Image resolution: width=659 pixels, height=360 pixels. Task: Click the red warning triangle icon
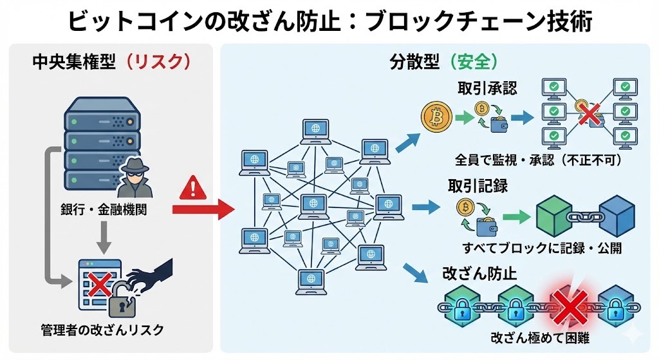192,188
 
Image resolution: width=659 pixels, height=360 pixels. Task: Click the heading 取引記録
478,186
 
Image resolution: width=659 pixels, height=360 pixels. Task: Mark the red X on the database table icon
97,283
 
